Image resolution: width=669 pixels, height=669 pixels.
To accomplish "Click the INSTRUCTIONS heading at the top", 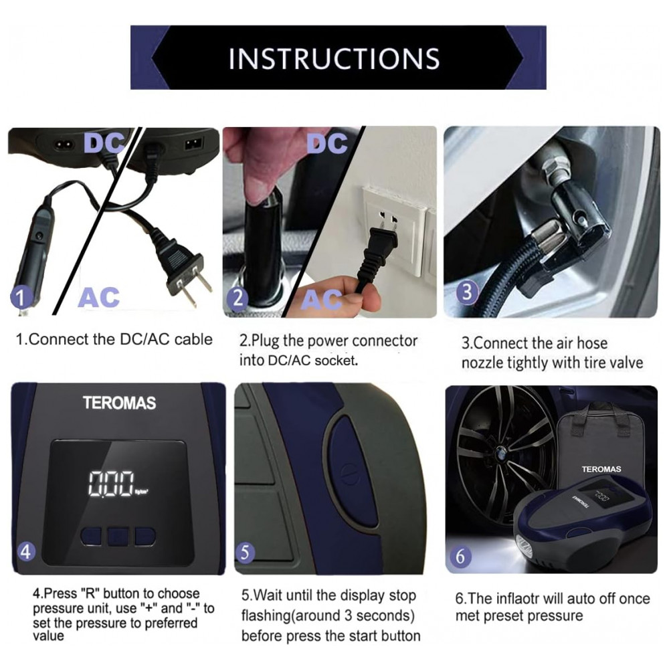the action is (x=334, y=58).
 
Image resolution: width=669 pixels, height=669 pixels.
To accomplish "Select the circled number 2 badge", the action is (x=238, y=298).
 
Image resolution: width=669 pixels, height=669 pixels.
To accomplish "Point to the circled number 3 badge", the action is (x=467, y=292).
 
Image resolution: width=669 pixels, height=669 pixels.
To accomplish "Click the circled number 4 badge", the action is (x=26, y=551).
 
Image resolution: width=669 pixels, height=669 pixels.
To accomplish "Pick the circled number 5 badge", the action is (x=245, y=552).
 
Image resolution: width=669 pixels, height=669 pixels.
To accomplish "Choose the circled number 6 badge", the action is (x=460, y=557).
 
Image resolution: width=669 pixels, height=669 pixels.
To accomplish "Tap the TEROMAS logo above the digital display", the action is (x=120, y=403).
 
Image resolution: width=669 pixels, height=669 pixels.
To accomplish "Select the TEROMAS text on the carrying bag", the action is (x=601, y=470).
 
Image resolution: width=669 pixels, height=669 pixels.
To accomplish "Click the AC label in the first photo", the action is (x=98, y=297).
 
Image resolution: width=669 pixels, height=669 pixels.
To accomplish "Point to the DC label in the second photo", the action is (x=327, y=143).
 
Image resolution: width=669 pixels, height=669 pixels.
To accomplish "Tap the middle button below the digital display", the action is (x=118, y=537).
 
